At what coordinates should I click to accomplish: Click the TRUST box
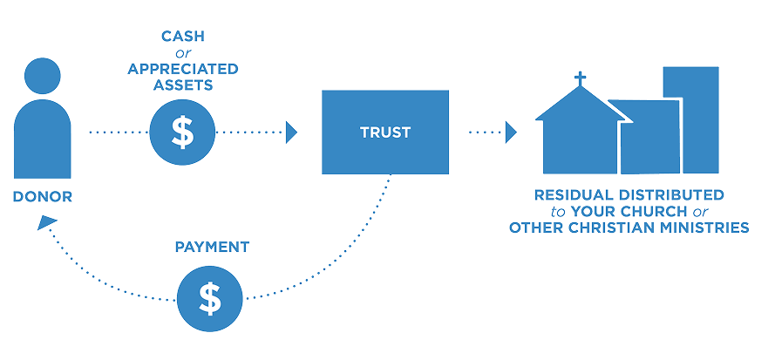pyautogui.click(x=386, y=133)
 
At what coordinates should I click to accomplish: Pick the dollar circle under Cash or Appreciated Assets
pyautogui.click(x=182, y=133)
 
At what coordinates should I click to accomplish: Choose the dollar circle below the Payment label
pyautogui.click(x=210, y=298)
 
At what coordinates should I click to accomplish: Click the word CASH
pyautogui.click(x=182, y=37)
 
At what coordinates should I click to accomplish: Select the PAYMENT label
pyautogui.click(x=211, y=248)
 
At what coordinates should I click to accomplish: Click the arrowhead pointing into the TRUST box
pyautogui.click(x=292, y=132)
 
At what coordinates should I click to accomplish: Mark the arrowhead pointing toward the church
pyautogui.click(x=511, y=132)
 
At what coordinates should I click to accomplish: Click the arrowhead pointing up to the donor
pyautogui.click(x=44, y=224)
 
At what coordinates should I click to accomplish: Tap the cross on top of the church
pyautogui.click(x=580, y=79)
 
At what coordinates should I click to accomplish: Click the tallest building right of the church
pyautogui.click(x=691, y=118)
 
